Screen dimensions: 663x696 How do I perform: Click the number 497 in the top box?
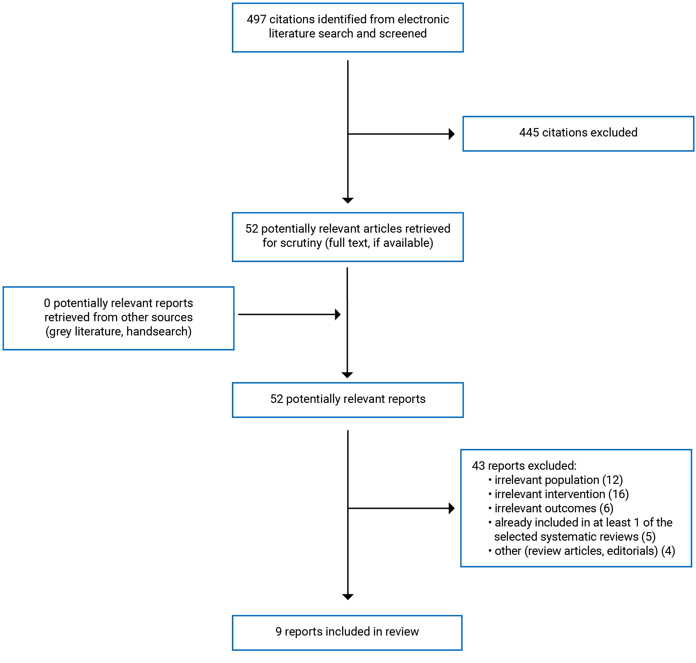pos(256,20)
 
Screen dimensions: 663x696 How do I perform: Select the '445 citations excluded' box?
pos(578,134)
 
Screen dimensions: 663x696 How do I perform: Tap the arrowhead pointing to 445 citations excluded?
pos(451,134)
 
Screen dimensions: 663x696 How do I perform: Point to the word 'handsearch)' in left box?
pos(158,332)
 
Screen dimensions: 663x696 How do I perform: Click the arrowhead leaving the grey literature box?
pos(337,314)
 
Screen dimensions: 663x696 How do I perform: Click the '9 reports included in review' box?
pos(347,631)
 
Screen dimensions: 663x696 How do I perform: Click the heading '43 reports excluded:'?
pos(524,466)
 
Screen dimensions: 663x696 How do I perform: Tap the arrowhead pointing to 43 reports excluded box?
pos(451,508)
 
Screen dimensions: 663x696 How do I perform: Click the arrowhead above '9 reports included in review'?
pos(348,597)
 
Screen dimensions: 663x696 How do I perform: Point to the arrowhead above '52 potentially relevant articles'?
pos(348,201)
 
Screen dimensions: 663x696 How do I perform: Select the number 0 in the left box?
pos(47,303)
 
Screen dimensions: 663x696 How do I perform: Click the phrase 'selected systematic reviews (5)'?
pos(574,537)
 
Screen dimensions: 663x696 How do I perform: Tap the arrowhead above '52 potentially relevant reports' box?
pos(347,375)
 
